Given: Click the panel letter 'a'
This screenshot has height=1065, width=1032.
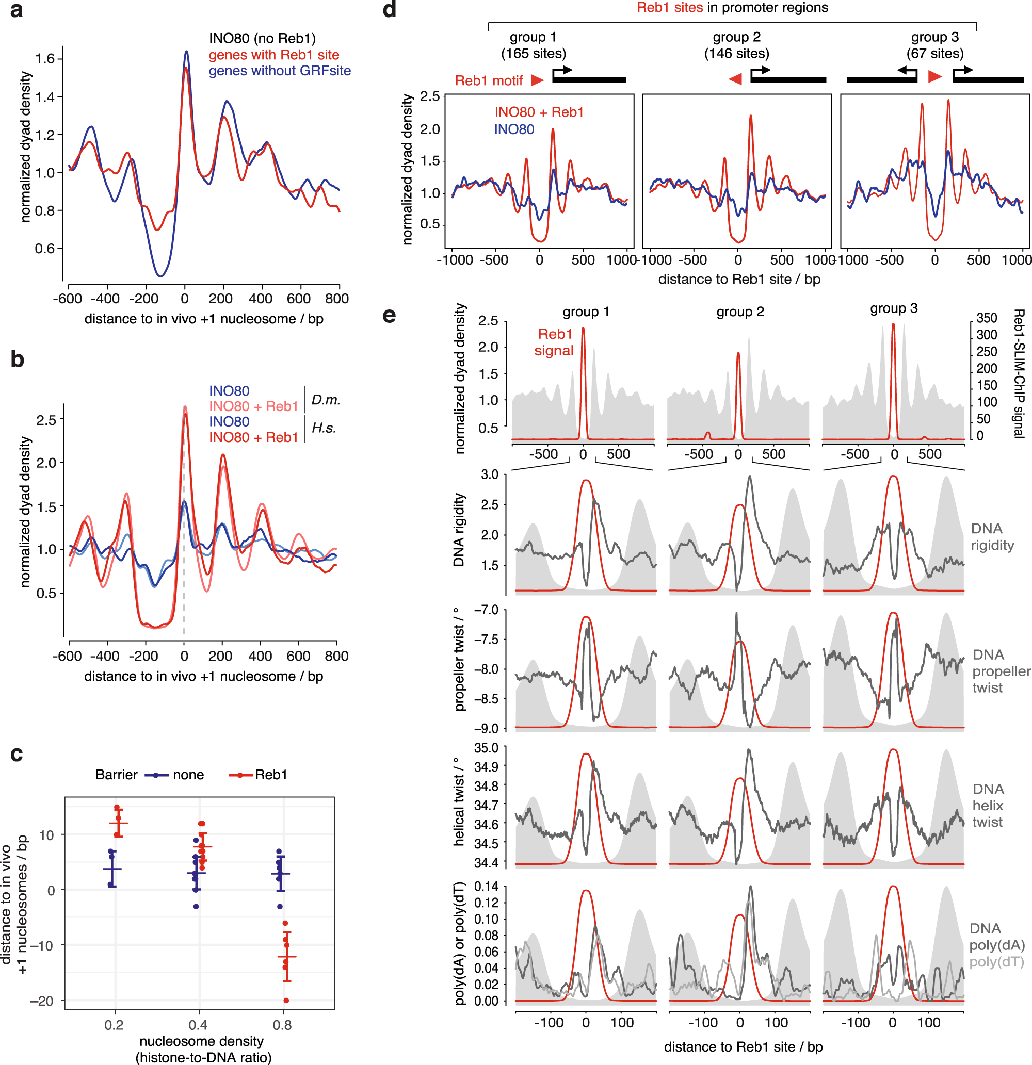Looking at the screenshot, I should (x=17, y=10).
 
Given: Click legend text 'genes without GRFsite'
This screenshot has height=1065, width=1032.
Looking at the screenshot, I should (x=280, y=71).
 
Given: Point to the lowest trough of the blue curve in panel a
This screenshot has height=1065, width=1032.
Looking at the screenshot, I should (x=160, y=275).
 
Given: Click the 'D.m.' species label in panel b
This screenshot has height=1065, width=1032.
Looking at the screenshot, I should (x=326, y=400).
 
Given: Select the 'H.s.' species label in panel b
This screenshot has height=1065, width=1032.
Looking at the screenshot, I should (x=324, y=428).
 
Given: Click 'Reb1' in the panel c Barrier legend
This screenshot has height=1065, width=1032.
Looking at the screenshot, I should (x=271, y=774).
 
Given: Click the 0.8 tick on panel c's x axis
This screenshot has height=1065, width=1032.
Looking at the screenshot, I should (x=282, y=1025).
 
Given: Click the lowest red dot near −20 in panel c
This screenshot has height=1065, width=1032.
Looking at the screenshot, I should (x=286, y=1001).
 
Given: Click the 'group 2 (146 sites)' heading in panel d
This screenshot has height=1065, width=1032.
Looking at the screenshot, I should (x=736, y=45).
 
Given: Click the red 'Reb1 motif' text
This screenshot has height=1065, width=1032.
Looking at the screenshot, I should (x=488, y=80).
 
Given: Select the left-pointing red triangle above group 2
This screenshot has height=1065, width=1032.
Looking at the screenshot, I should (x=735, y=79).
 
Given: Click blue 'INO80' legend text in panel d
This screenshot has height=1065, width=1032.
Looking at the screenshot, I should (x=514, y=129).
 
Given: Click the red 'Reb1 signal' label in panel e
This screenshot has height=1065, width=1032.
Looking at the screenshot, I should (x=554, y=342).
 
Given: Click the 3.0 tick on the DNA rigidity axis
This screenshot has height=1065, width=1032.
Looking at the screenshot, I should (x=489, y=474).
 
